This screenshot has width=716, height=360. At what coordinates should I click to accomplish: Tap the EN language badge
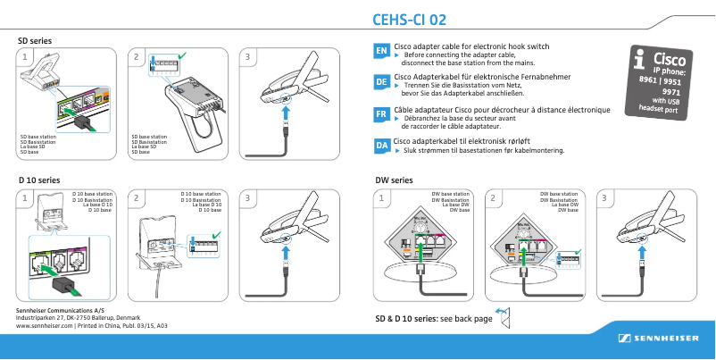380,52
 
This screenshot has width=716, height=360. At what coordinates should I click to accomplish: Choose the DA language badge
380,145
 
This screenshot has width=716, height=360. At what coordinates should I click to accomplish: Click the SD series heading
35,41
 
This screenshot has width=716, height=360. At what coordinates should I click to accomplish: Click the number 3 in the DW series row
605,197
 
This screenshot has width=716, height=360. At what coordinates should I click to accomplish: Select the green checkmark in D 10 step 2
217,234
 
